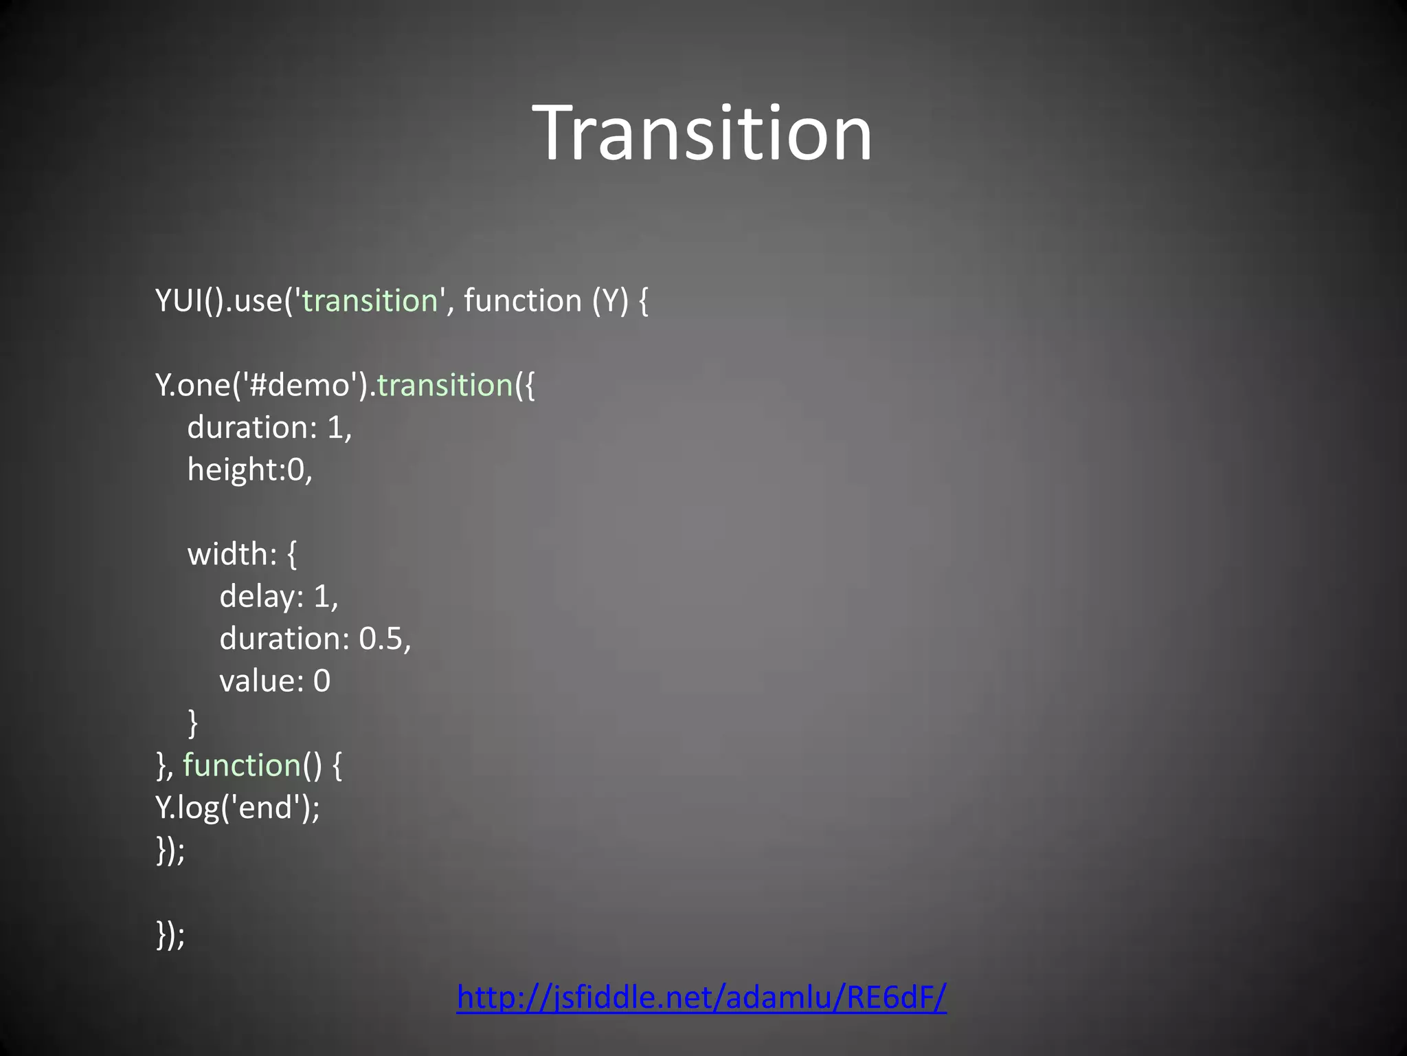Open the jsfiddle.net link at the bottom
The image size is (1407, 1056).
701,996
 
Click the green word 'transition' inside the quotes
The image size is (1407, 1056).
370,301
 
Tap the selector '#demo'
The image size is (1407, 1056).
300,385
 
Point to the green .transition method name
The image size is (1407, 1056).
444,385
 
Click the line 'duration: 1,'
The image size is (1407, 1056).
269,428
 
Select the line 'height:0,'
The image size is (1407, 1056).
249,470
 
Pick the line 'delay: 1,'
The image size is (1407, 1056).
278,596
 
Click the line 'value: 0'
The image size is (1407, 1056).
275,681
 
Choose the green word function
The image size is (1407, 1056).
242,765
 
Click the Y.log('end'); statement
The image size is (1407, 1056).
238,808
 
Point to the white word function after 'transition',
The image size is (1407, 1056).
523,301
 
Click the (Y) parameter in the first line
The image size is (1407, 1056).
610,301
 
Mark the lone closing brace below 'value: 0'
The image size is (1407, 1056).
193,723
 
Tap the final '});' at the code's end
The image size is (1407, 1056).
170,934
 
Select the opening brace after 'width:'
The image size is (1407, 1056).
292,554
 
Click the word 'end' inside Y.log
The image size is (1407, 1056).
265,808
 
